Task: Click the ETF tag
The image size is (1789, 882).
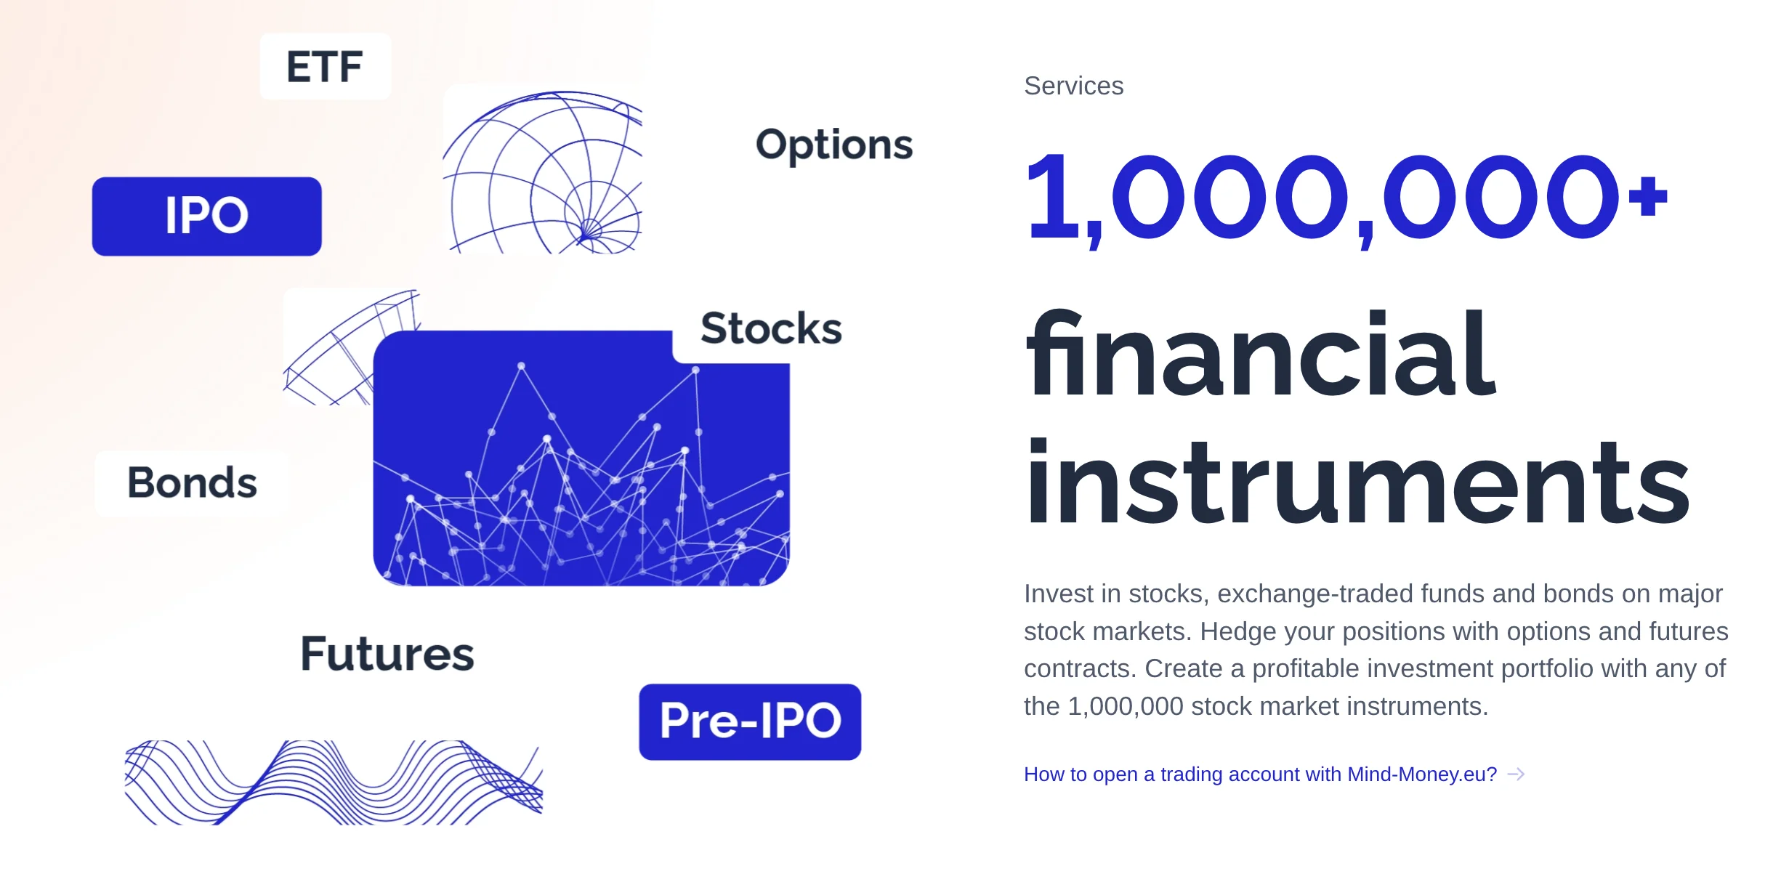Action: [325, 66]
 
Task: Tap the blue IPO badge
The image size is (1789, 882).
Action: [207, 216]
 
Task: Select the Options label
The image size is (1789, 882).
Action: [834, 145]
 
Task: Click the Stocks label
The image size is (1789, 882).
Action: [771, 328]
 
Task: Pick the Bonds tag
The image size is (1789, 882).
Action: [192, 483]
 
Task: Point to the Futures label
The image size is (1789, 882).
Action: [387, 653]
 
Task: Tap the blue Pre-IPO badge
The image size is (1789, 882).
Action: [750, 721]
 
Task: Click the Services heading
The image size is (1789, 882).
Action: [1073, 86]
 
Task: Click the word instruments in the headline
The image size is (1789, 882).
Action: [1357, 481]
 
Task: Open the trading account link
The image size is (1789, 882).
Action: [1260, 774]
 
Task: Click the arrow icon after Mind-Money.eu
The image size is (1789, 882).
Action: [1516, 774]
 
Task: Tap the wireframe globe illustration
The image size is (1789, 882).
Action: [543, 172]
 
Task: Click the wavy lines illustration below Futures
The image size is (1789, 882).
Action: [334, 782]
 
